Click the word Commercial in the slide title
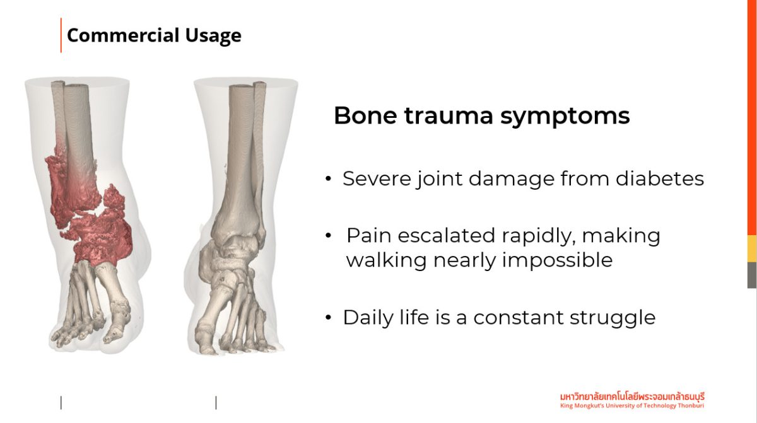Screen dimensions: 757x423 coord(123,35)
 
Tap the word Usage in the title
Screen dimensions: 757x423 coord(213,36)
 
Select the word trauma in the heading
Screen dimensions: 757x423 coord(449,116)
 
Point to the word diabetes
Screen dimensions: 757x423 coord(660,178)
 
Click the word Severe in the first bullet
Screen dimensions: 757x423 coord(377,178)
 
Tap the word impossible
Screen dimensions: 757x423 coord(557,260)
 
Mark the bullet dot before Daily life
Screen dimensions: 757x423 coord(328,318)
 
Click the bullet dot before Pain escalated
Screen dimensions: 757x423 coord(328,236)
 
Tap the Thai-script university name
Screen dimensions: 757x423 coord(632,397)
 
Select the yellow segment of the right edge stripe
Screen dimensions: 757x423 coord(752,249)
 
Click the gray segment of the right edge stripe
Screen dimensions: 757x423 coord(752,275)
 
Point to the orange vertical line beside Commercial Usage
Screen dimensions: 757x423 coord(61,35)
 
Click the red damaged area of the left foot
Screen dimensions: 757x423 coord(91,216)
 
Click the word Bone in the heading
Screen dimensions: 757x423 coord(365,116)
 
